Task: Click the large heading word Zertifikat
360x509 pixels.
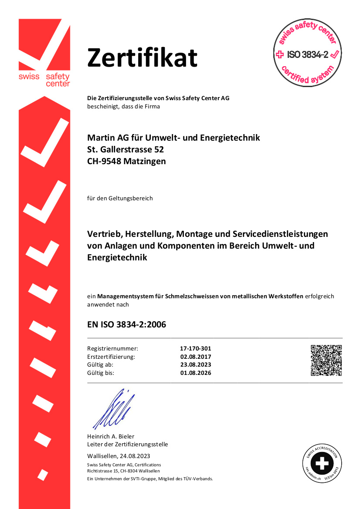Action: (142, 58)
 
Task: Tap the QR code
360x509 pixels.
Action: (326, 360)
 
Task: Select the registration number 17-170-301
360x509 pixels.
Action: (195, 349)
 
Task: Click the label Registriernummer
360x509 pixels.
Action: (112, 349)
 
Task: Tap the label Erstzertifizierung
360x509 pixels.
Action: (111, 357)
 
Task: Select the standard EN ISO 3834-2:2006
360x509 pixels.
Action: (126, 324)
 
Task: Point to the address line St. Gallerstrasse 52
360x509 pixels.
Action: (126, 149)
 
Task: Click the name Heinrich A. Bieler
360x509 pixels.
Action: (111, 436)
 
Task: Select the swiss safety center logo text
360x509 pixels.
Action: (44, 80)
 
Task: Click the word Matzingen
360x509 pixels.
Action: (146, 161)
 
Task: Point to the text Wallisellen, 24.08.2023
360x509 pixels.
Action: (119, 456)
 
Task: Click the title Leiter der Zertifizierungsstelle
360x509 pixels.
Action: (127, 444)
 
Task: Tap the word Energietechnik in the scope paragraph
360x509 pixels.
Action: (117, 257)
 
